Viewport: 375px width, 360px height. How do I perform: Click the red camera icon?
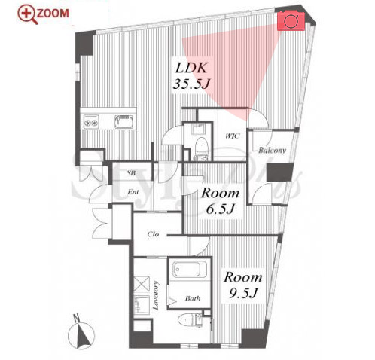tap(291, 21)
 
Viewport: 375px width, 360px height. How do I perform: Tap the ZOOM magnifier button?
tap(43, 14)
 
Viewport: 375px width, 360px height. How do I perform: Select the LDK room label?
tap(191, 68)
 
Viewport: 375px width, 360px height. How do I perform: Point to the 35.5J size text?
tap(191, 84)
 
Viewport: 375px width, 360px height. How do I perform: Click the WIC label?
tap(233, 136)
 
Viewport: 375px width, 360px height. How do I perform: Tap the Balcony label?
tap(272, 151)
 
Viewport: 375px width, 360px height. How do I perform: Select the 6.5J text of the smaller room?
tap(220, 209)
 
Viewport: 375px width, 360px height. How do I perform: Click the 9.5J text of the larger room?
tap(244, 292)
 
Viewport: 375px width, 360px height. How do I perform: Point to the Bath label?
tap(193, 298)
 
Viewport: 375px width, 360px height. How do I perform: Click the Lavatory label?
tap(156, 295)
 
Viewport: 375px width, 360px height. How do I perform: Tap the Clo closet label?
tap(153, 234)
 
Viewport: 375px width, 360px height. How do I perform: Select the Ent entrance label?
tap(133, 192)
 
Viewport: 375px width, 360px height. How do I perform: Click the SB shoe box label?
tap(131, 173)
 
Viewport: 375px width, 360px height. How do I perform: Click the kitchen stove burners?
tap(90, 121)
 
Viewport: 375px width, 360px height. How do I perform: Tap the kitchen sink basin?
tap(124, 121)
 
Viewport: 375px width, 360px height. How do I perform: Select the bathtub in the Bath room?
tap(190, 270)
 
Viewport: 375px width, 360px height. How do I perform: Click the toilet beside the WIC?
tap(201, 145)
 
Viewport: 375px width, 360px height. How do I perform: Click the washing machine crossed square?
tap(142, 284)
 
